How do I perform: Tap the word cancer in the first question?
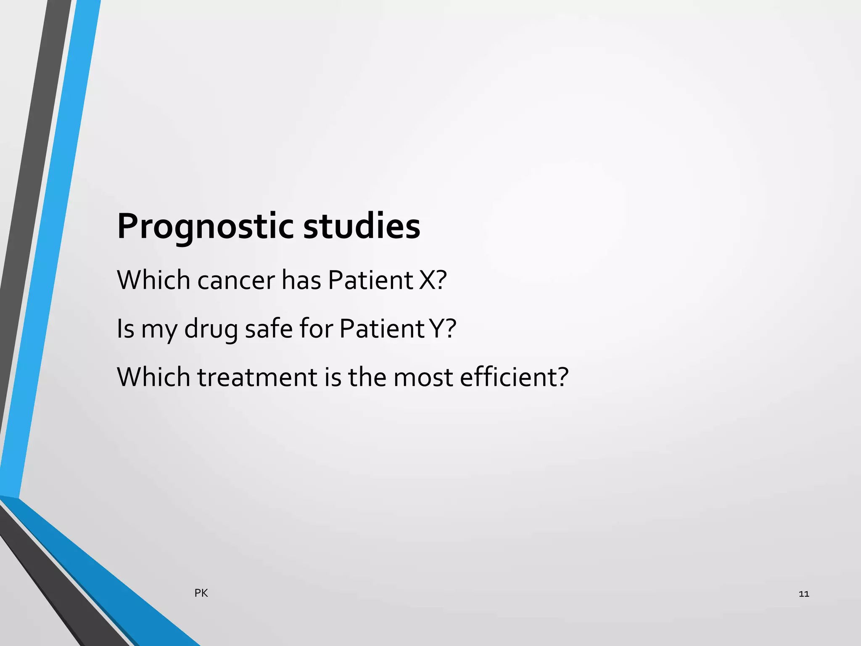tap(236, 280)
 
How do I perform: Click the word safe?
tap(269, 328)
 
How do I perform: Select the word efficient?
tap(514, 377)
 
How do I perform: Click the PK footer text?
tap(201, 593)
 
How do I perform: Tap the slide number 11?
tap(803, 594)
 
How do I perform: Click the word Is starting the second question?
tap(125, 328)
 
